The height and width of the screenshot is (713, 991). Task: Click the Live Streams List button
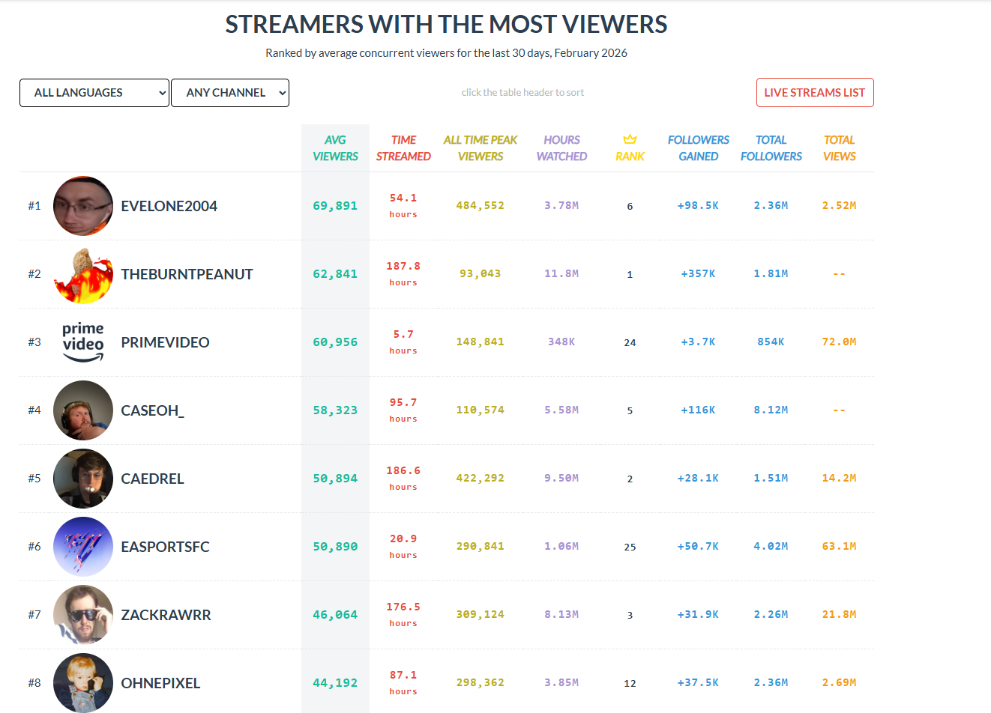coord(814,93)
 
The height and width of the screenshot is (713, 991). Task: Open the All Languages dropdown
coord(94,93)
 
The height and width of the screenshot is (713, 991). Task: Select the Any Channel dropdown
coord(229,93)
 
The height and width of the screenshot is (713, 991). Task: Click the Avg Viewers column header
coord(335,148)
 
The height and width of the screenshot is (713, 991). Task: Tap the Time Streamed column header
coord(403,148)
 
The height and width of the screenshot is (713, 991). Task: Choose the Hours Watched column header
coord(561,148)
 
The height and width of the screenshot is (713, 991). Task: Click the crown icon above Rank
coord(630,139)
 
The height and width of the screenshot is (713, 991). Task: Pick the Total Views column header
coord(839,148)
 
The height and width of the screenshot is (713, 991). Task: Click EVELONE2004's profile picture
coord(83,206)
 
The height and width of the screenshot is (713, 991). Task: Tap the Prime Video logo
coord(83,342)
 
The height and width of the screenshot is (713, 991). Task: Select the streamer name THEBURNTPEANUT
coord(187,274)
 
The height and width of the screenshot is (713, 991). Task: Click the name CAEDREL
coord(152,479)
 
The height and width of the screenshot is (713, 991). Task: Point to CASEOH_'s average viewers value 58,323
coord(335,410)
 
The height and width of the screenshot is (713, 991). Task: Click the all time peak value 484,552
coord(480,205)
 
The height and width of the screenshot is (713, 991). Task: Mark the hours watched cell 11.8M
coord(561,273)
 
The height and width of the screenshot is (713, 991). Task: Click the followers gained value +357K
coord(698,273)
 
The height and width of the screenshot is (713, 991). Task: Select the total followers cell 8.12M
coord(771,410)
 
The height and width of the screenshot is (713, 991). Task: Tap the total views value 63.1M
coord(839,546)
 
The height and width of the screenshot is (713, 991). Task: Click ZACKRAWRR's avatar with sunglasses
coord(83,615)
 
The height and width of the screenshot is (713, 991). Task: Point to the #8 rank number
coord(34,683)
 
